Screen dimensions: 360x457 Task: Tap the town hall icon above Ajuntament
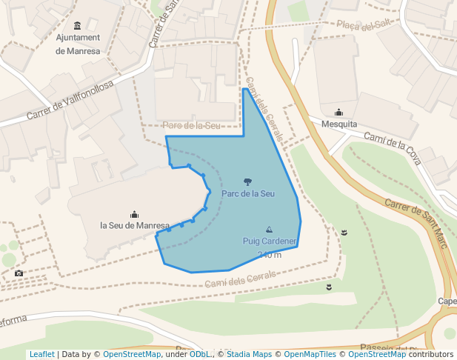click(x=79, y=26)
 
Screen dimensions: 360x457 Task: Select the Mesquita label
click(x=339, y=124)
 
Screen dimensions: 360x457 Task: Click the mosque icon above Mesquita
click(x=339, y=113)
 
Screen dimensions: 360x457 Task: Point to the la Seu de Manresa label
click(x=135, y=225)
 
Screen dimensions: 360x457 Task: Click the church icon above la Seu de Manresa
click(x=134, y=214)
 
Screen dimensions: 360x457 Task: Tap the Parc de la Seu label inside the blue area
click(x=248, y=194)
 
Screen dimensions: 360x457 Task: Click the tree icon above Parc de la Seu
click(x=247, y=181)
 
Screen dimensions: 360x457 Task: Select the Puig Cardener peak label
click(x=270, y=241)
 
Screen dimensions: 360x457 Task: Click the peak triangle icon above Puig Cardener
click(x=269, y=230)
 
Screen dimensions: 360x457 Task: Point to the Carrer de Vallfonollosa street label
click(x=70, y=101)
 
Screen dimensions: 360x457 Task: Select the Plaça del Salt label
click(x=364, y=26)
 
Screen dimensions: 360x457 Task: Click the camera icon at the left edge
click(x=19, y=273)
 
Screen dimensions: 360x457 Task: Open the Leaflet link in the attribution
click(x=41, y=355)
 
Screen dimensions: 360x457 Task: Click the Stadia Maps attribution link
click(x=248, y=355)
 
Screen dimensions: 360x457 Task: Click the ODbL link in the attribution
click(x=199, y=355)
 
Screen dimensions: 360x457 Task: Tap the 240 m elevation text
click(x=270, y=255)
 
